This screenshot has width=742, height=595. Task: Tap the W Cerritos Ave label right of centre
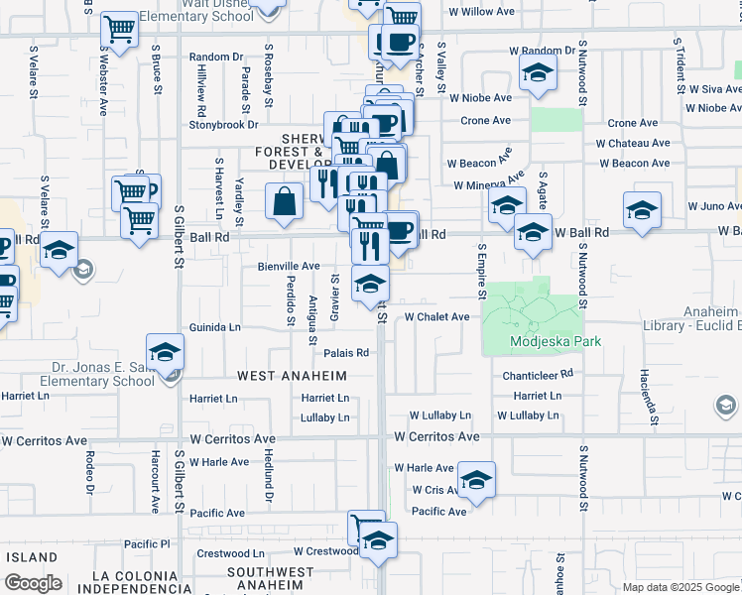pyautogui.click(x=436, y=436)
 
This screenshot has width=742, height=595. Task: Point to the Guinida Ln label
pyautogui.click(x=215, y=326)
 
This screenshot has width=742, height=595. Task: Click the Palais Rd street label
pyautogui.click(x=346, y=352)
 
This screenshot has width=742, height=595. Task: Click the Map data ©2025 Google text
pyautogui.click(x=680, y=587)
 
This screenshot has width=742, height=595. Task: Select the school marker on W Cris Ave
pyautogui.click(x=477, y=481)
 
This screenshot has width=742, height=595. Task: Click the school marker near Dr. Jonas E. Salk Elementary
pyautogui.click(x=165, y=351)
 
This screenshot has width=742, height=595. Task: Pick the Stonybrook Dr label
pyautogui.click(x=224, y=125)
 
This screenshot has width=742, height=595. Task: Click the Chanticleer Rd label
pyautogui.click(x=539, y=374)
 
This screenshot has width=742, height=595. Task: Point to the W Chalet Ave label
pyautogui.click(x=436, y=317)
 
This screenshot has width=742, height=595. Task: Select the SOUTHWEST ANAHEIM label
pyautogui.click(x=277, y=572)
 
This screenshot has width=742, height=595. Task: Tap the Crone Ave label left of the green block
pyautogui.click(x=485, y=121)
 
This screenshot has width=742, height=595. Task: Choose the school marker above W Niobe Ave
pyautogui.click(x=538, y=72)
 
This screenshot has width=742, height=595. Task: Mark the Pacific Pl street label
pyautogui.click(x=148, y=544)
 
